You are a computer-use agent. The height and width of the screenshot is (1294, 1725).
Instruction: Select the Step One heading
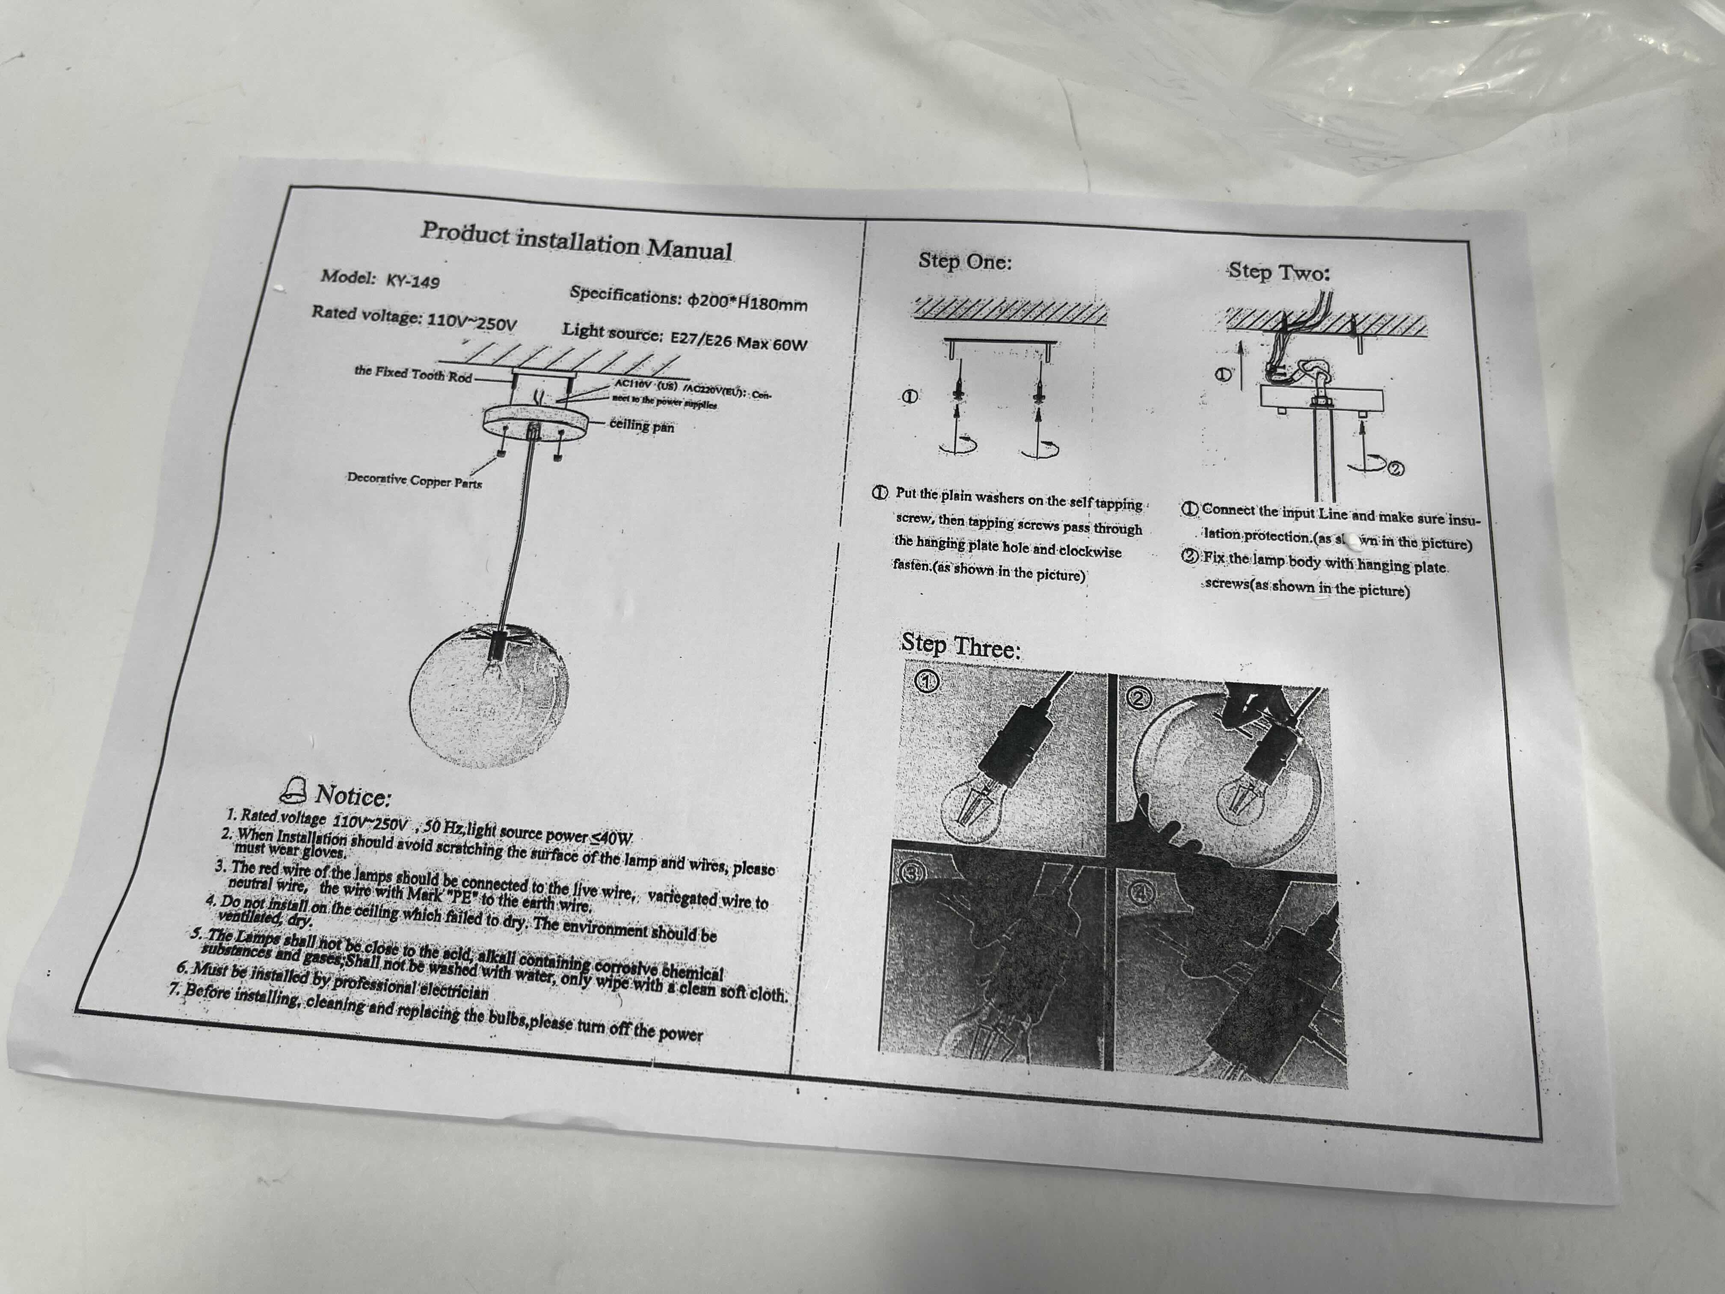point(965,261)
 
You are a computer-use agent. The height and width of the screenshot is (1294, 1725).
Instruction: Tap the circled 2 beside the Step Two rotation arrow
point(1396,468)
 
